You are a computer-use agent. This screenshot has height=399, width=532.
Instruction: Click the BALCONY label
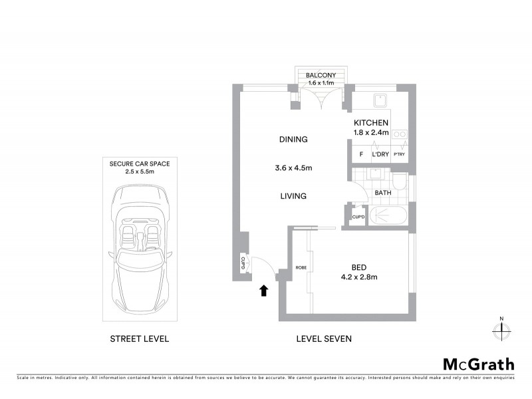point(321,76)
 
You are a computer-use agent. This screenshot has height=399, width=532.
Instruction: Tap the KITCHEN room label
point(370,123)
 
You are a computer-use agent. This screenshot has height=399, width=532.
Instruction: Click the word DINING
point(293,140)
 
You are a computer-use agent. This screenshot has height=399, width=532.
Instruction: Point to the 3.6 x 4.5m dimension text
point(293,168)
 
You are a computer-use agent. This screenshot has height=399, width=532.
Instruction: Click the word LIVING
point(293,196)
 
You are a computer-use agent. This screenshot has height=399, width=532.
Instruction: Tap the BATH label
point(383,194)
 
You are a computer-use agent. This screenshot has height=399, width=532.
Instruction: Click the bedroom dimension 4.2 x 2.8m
point(358,277)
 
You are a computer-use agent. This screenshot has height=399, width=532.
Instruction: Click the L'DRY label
point(380,154)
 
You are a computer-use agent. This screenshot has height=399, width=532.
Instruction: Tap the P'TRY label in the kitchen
point(399,155)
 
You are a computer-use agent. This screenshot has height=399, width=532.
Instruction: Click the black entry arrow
point(264,290)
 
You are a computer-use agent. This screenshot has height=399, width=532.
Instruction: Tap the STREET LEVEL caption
point(140,338)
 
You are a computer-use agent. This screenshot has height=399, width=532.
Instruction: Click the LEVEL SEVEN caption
point(323,338)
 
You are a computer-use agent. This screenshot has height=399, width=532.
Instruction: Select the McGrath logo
point(478,364)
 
